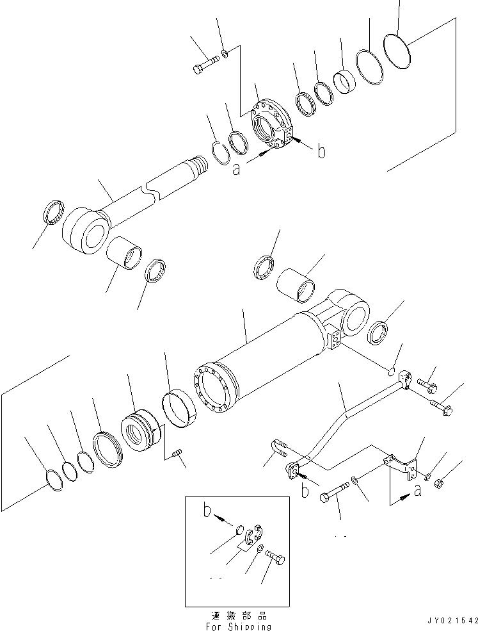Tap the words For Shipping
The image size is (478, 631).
[x=237, y=627]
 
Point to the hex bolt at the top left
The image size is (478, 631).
[x=205, y=64]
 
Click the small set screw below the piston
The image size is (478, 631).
[x=178, y=454]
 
